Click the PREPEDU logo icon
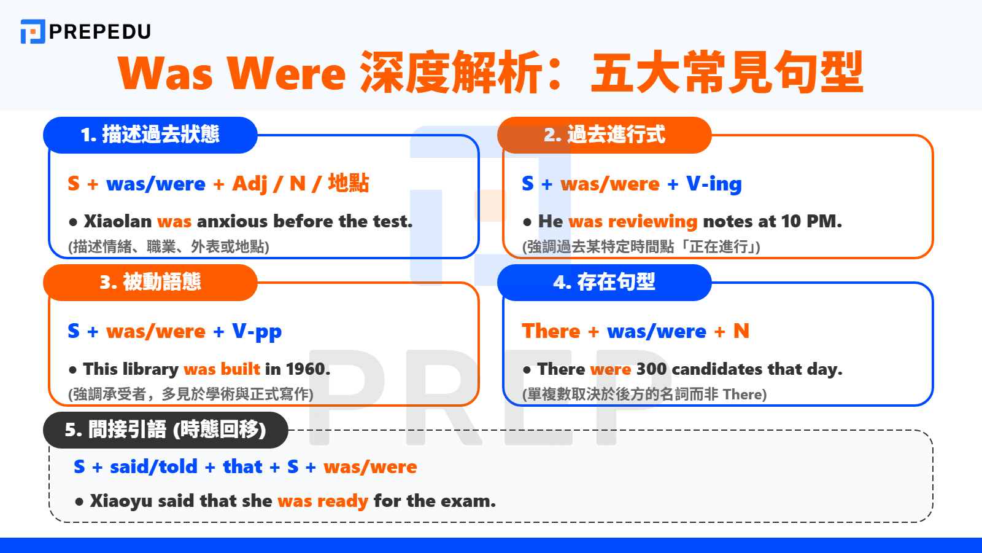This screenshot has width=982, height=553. [x=33, y=31]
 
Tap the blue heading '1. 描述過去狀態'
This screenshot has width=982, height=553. [x=150, y=135]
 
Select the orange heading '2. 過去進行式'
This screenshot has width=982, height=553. [x=605, y=135]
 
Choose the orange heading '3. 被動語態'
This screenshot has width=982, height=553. [x=150, y=282]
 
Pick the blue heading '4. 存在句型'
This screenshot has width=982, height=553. [x=605, y=282]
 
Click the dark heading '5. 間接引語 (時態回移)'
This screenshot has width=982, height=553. [x=166, y=429]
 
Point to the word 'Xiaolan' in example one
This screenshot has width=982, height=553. [x=117, y=221]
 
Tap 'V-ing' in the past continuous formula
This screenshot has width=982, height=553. [x=714, y=184]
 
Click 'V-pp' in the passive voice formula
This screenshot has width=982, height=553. [x=257, y=332]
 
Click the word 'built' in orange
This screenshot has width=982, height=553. [x=241, y=369]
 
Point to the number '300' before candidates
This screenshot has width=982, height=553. [x=651, y=369]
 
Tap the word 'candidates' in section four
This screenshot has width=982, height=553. [x=716, y=369]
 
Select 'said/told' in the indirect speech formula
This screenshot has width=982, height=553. [x=153, y=467]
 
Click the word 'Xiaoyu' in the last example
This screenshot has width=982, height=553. [x=121, y=501]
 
